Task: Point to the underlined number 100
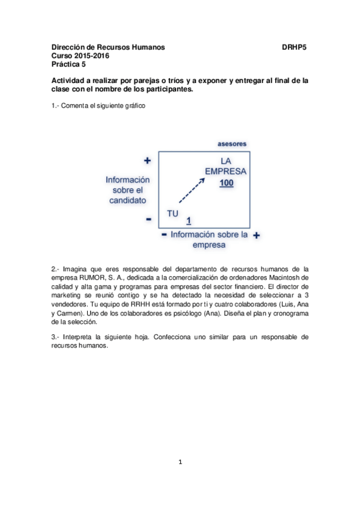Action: pos(226,183)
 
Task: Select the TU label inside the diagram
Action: pos(173,212)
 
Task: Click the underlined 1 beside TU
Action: pos(189,220)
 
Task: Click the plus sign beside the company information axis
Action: pos(256,235)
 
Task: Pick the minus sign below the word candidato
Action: pos(148,220)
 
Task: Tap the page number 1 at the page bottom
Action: pos(180,462)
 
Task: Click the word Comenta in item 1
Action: pos(75,105)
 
